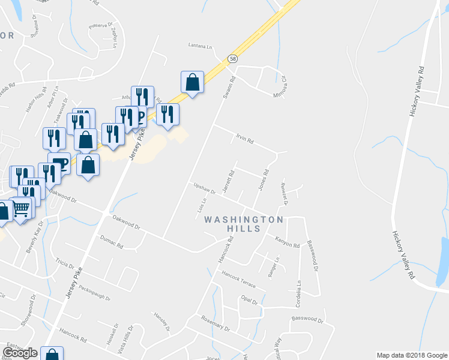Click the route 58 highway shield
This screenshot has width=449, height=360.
pyautogui.click(x=232, y=59)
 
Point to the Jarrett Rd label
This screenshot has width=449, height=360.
pyautogui.click(x=228, y=180)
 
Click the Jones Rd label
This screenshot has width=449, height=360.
pyautogui.click(x=262, y=179)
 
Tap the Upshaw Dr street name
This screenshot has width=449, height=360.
pyautogui.click(x=204, y=188)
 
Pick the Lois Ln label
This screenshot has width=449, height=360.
pyautogui.click(x=202, y=205)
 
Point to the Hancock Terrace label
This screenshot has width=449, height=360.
pyautogui.click(x=238, y=278)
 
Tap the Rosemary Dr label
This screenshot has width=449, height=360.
pyautogui.click(x=215, y=323)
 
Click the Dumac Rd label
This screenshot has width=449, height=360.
pyautogui.click(x=111, y=242)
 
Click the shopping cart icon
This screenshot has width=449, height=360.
pyautogui.click(x=21, y=208)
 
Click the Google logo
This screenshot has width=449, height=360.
pyautogui.click(x=20, y=353)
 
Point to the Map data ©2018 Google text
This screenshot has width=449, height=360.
pyautogui.click(x=412, y=355)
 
